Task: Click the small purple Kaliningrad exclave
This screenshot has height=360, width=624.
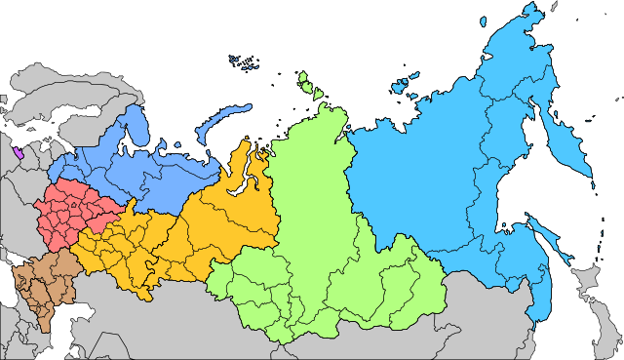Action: (x=19, y=153)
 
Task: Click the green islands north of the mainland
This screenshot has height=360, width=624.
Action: (x=312, y=88)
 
